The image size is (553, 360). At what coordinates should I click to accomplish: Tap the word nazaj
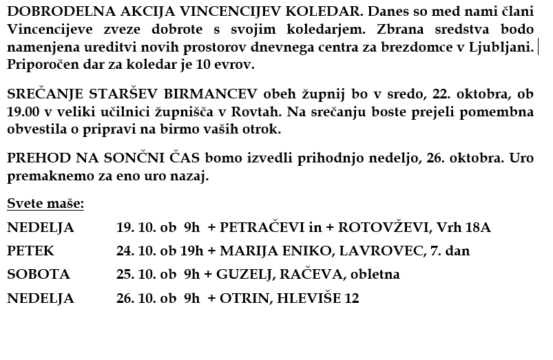189,176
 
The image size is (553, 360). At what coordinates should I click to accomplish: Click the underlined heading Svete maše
45,204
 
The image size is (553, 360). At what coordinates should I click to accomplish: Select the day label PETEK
30,251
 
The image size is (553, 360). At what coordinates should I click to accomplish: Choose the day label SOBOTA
39,275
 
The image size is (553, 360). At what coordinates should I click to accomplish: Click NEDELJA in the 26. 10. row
40,299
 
